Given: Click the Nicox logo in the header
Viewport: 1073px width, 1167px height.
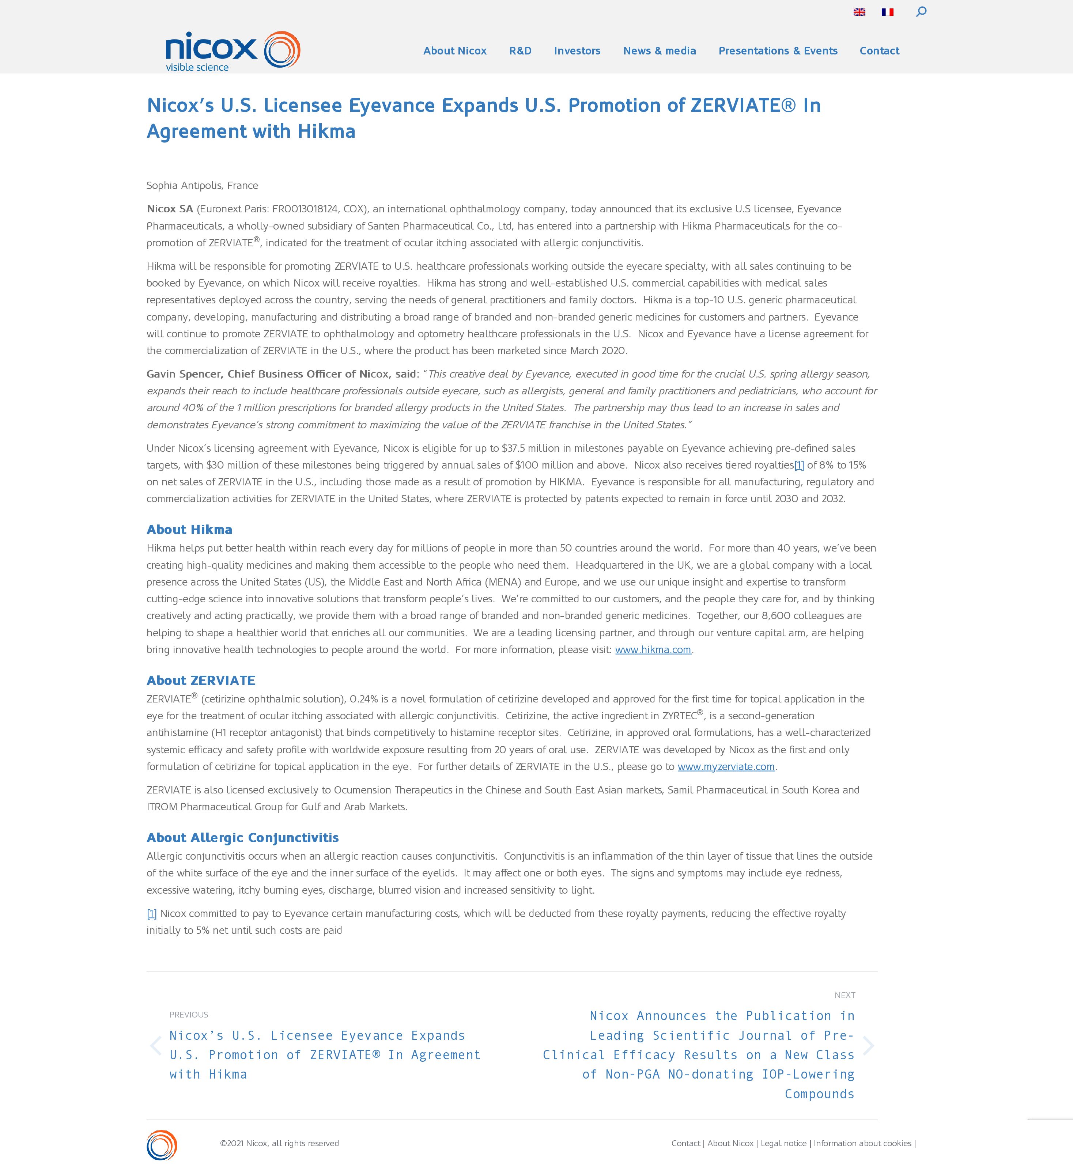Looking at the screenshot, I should click(232, 51).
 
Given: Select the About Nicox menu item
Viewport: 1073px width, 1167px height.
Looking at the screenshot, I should click(455, 51).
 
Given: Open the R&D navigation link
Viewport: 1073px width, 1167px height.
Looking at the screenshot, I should click(520, 51).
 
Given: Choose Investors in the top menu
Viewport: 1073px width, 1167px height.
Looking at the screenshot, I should click(577, 51).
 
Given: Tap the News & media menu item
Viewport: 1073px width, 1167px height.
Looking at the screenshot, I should click(660, 51).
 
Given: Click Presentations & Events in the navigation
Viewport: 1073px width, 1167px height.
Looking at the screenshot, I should click(778, 51).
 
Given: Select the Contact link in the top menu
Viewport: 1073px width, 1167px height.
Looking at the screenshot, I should click(879, 51).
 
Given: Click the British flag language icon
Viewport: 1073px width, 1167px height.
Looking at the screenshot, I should click(859, 12).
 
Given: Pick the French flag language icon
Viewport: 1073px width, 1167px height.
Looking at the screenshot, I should click(887, 12).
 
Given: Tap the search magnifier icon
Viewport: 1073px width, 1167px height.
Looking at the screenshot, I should click(921, 12).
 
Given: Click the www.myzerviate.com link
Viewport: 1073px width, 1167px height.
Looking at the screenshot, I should click(726, 766).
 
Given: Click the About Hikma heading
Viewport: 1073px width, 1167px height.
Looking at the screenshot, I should click(189, 530).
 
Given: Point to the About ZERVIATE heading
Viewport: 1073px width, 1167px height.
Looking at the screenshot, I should click(201, 681).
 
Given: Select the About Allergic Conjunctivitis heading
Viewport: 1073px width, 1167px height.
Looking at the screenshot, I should click(243, 837).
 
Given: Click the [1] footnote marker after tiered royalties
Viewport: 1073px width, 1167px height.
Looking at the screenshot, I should click(799, 465).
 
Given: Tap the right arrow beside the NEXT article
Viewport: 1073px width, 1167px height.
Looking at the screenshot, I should click(868, 1046).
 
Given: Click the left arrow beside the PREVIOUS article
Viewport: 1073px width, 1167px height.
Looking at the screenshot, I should click(156, 1046).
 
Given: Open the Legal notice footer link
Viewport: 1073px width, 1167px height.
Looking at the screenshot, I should click(783, 1143).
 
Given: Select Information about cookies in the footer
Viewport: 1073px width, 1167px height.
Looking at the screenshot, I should click(862, 1143).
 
